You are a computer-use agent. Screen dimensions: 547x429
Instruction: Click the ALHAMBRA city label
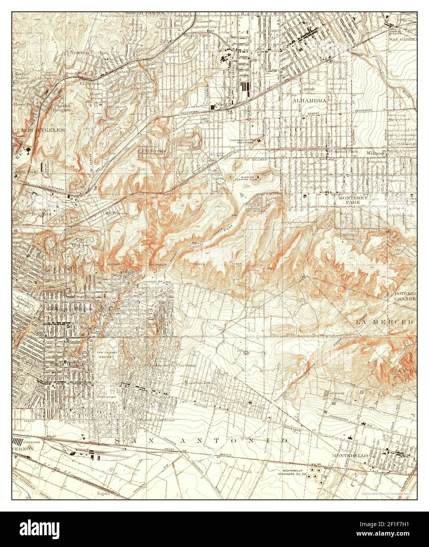pos(310,101)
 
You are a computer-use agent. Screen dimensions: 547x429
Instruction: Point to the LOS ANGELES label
pos(38,130)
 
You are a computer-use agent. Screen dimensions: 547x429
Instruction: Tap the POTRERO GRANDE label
pos(405,296)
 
